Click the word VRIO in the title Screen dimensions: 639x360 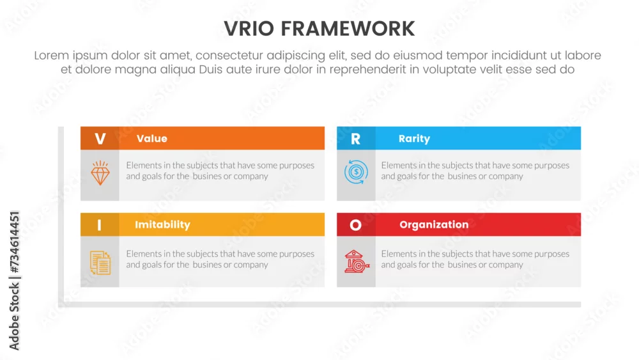249,29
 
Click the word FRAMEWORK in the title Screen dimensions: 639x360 348,29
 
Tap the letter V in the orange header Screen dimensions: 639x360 100,139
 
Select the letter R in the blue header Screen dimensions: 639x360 356,139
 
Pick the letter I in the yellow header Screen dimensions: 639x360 99,224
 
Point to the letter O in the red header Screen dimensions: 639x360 355,224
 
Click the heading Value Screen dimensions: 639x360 152,139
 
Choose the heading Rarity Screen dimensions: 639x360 414,139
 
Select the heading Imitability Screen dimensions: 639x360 162,224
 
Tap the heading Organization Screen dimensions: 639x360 434,224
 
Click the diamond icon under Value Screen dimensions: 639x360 100,173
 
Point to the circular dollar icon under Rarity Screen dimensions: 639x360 356,171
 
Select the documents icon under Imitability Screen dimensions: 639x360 100,263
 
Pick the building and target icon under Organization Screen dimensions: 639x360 357,262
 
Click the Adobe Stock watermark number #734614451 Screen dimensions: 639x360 14,242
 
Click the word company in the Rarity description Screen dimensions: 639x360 505,176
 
